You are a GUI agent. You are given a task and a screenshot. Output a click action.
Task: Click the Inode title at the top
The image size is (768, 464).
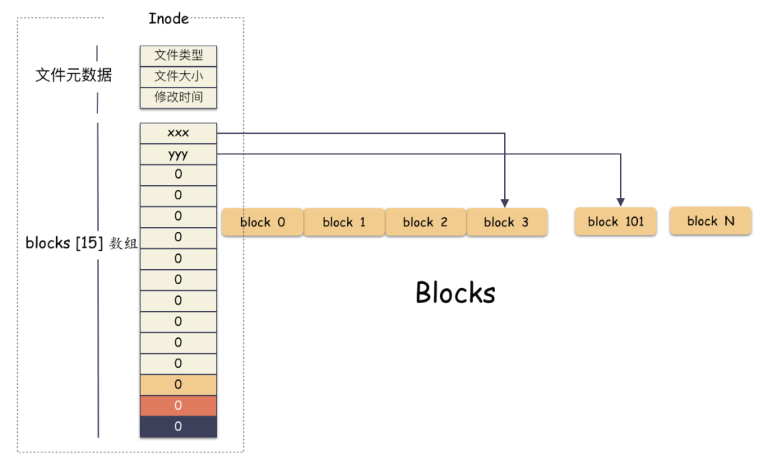tap(169, 19)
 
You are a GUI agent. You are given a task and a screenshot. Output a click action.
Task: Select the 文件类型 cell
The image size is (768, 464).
tap(178, 56)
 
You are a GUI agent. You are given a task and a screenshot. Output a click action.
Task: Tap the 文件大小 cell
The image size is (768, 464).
tap(178, 76)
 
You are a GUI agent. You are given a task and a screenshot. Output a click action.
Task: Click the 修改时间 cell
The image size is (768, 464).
tap(178, 97)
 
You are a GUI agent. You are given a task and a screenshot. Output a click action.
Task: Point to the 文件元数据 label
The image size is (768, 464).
tap(73, 75)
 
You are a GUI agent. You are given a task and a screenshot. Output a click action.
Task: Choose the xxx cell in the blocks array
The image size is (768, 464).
tap(178, 133)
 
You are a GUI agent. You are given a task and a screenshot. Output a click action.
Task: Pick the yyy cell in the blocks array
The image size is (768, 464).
tap(178, 154)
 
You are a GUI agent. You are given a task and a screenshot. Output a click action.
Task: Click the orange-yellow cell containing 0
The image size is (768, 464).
tap(178, 384)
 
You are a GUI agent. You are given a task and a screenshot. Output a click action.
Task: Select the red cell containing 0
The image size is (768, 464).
tap(178, 406)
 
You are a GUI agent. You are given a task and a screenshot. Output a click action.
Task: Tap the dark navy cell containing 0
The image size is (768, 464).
tap(178, 426)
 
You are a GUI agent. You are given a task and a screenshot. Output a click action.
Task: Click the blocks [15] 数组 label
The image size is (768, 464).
tap(80, 243)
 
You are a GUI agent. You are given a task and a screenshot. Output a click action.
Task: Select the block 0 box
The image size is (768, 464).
tap(262, 222)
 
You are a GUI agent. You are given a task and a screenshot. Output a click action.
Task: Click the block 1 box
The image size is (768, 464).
tap(344, 222)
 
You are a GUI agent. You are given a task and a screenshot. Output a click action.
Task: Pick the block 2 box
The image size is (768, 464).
tap(425, 222)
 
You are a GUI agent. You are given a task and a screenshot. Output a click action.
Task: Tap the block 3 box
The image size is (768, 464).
tap(506, 222)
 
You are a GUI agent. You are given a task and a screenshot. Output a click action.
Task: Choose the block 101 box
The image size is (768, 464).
tap(616, 221)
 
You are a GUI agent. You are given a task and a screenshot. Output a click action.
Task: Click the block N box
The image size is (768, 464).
tap(710, 221)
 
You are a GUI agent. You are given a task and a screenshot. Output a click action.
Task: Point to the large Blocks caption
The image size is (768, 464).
tap(455, 292)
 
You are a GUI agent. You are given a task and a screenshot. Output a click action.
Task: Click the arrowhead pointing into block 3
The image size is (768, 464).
tap(504, 201)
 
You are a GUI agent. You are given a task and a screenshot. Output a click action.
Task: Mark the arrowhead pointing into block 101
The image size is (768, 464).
tap(620, 201)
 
